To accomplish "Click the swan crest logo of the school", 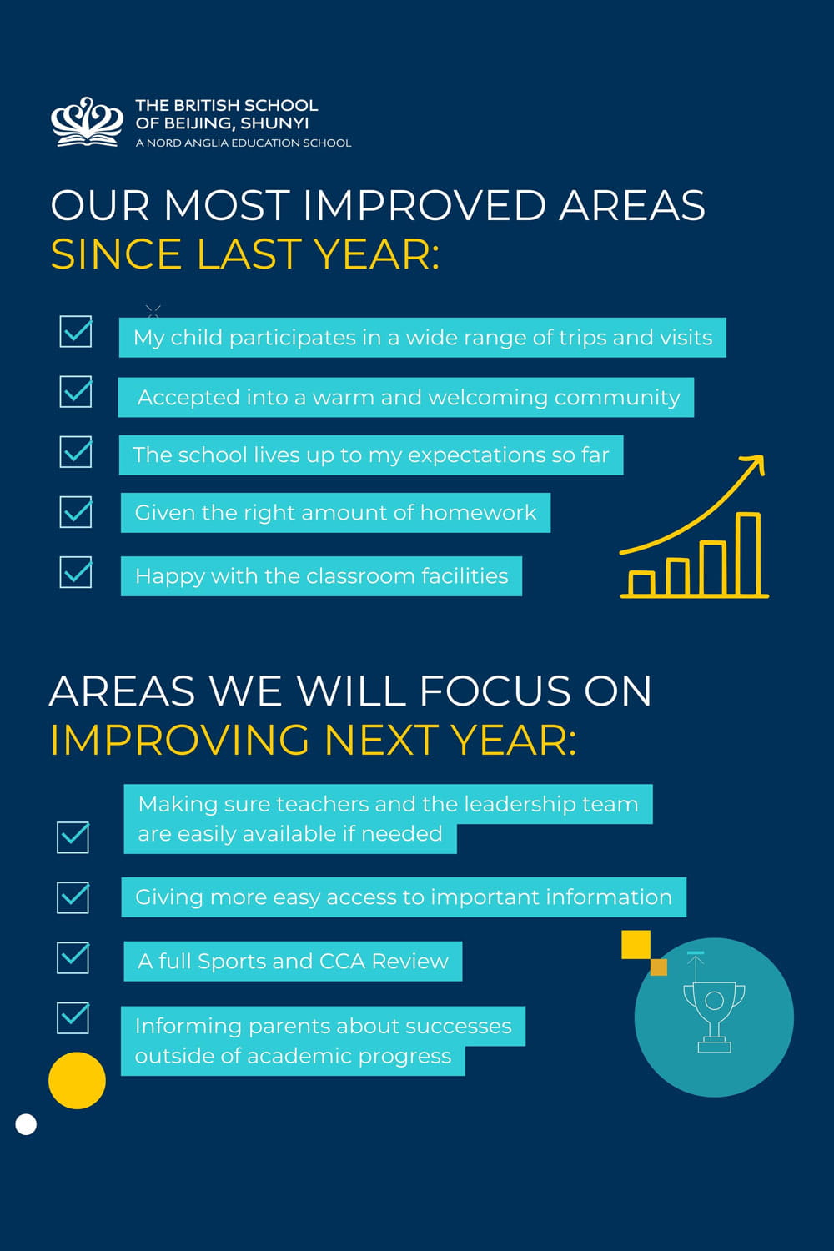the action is [x=87, y=122].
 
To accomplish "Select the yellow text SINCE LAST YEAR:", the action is [x=244, y=254].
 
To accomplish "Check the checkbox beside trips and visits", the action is [x=75, y=331].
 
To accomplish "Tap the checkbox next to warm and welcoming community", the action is [x=75, y=391].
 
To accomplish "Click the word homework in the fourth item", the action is [x=478, y=513].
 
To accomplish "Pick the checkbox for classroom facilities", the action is [x=75, y=571].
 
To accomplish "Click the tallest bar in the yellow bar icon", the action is [x=748, y=554].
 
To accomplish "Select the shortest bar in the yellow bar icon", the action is [x=641, y=584].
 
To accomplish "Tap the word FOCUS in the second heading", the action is [x=495, y=691].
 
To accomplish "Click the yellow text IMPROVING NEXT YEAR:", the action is [x=314, y=740].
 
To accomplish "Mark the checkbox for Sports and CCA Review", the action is [x=73, y=957].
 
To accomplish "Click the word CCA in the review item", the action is [x=342, y=961].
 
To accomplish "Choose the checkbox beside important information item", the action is [x=73, y=897].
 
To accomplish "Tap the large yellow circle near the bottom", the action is [x=77, y=1080].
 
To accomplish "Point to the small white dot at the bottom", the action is [x=26, y=1124].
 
